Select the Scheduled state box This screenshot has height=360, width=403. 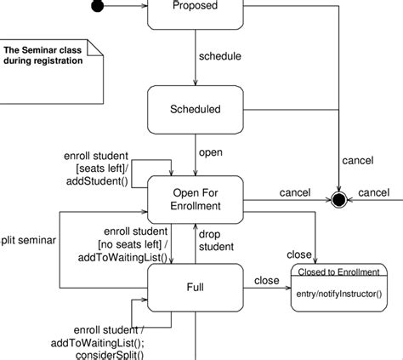195,109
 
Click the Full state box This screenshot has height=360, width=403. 195,287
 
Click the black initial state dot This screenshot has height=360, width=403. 99,7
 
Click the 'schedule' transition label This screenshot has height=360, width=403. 219,56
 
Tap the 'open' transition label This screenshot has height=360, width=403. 210,153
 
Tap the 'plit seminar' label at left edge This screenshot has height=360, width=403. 28,240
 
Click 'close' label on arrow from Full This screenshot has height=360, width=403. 266,280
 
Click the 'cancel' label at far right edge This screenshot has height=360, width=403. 373,192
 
